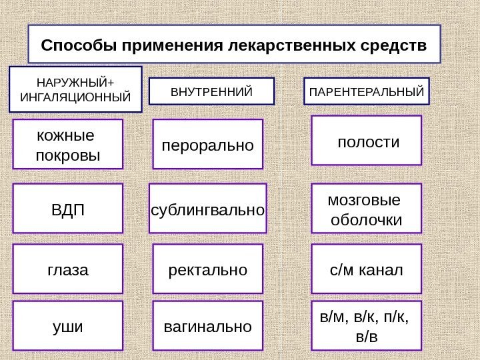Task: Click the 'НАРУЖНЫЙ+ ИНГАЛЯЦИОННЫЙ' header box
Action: click(76, 89)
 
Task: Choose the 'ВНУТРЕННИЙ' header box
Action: click(212, 91)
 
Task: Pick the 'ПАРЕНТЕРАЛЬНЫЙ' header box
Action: click(367, 91)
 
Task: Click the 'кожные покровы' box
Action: click(69, 143)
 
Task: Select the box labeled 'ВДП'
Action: click(69, 208)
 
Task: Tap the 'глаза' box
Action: click(69, 269)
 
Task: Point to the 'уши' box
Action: click(69, 326)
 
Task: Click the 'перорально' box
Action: click(209, 143)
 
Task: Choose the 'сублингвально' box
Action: click(207, 208)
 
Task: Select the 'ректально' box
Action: click(208, 269)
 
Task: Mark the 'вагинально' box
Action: click(208, 326)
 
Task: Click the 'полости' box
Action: click(368, 140)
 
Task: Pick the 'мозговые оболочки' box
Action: click(368, 208)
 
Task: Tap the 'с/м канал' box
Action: click(368, 269)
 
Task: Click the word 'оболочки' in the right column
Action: click(367, 219)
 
